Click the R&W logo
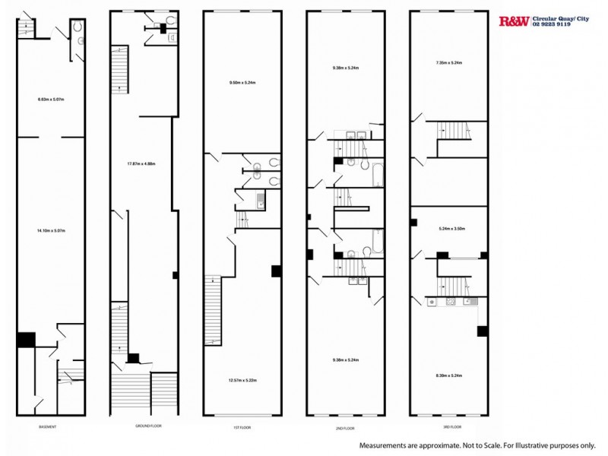[512, 21]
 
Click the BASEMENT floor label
[47, 426]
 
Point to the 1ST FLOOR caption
[242, 426]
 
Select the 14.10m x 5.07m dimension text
[50, 230]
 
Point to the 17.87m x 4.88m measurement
[141, 163]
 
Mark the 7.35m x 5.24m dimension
[449, 63]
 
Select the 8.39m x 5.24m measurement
[449, 375]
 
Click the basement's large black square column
[26, 339]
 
